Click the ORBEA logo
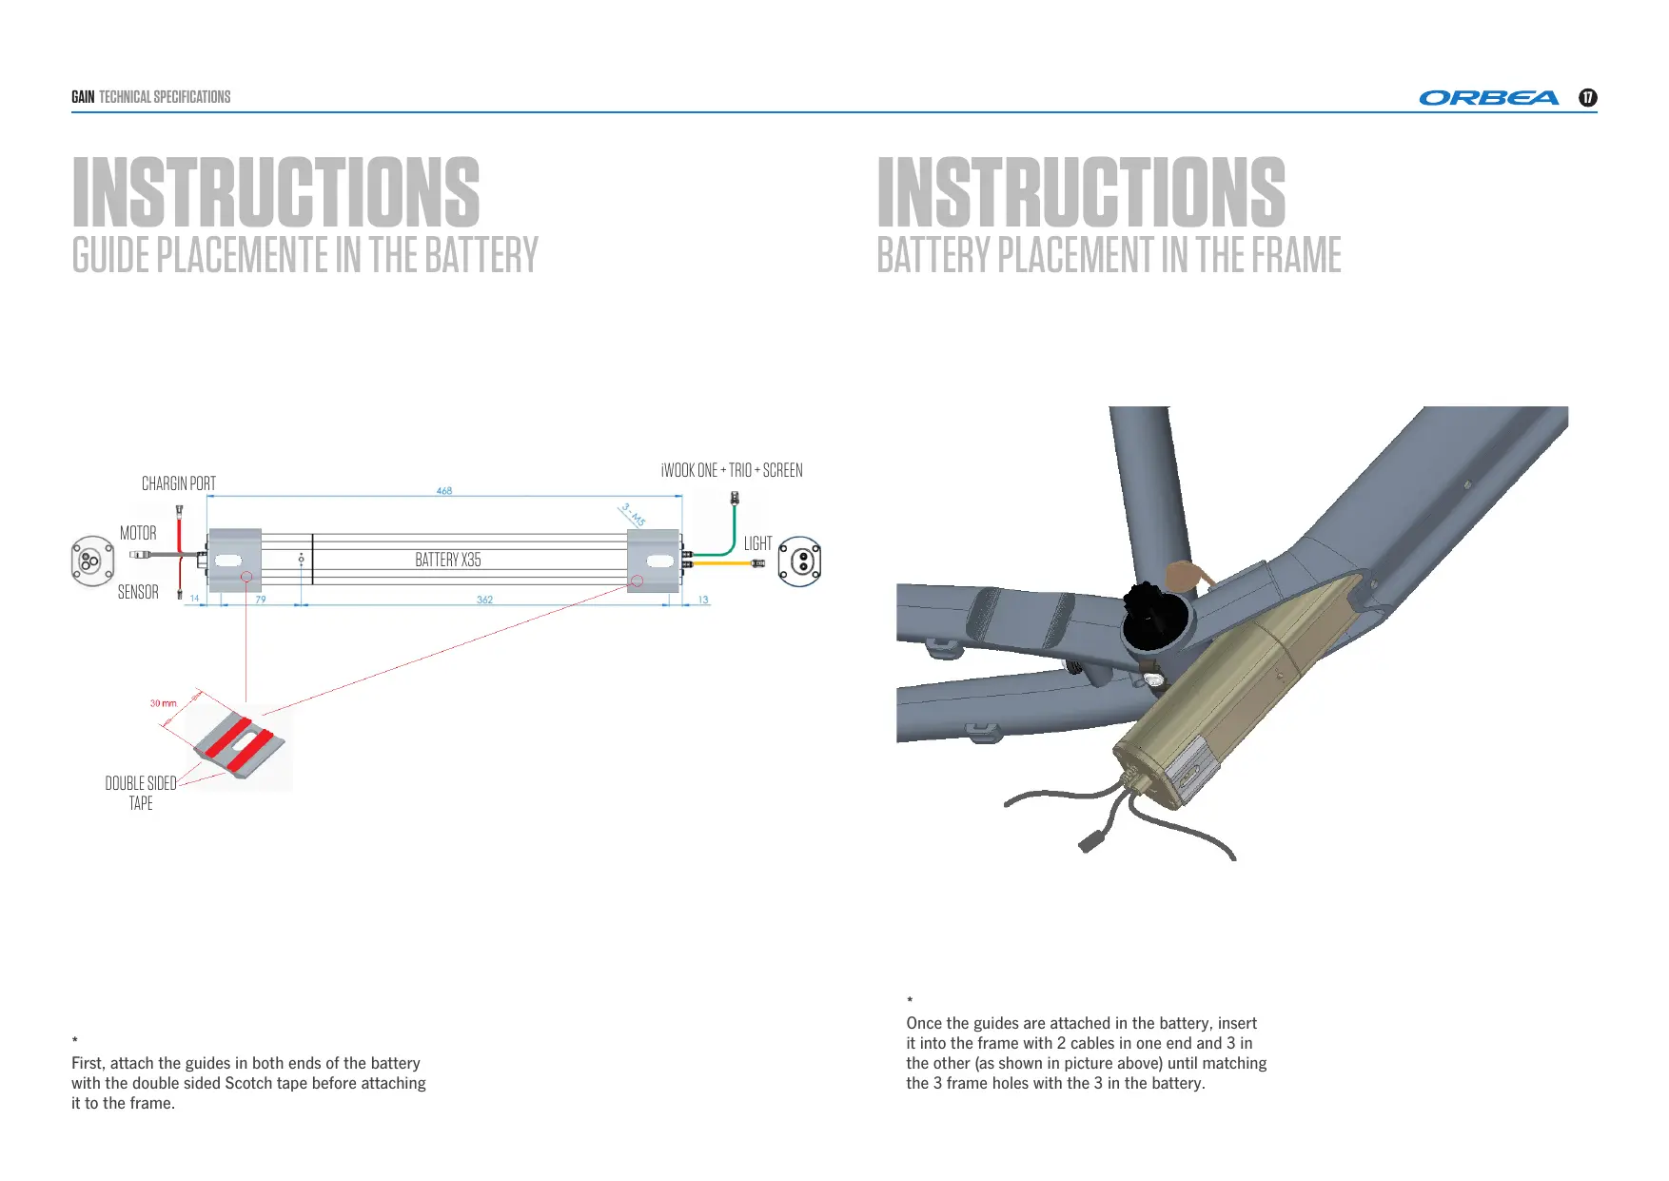(x=1488, y=98)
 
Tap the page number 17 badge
(x=1587, y=98)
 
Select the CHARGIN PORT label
(x=179, y=483)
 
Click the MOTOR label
(x=138, y=533)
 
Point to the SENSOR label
(x=138, y=592)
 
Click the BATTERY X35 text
(x=448, y=560)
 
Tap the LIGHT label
(x=757, y=543)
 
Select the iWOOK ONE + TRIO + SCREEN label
(x=732, y=470)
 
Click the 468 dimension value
(x=444, y=491)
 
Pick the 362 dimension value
(x=484, y=600)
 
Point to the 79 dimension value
(x=261, y=600)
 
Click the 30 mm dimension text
(x=163, y=703)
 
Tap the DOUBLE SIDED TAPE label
(x=141, y=793)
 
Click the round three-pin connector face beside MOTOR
(x=90, y=561)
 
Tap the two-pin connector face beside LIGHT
(x=800, y=561)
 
